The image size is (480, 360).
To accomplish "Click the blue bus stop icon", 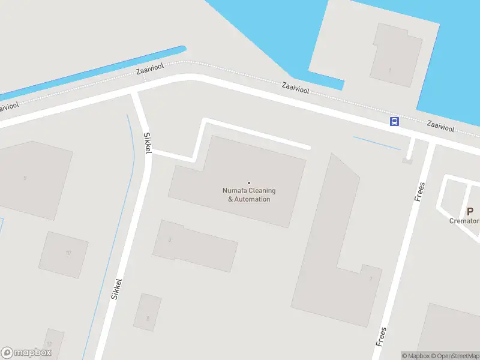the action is pos(394,122).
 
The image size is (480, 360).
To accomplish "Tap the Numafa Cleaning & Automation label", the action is pos(249,195).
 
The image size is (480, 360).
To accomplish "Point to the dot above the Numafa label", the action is pos(249,183).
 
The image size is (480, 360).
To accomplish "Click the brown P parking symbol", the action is pos(470,211).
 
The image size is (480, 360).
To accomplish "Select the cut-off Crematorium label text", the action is pos(465,221).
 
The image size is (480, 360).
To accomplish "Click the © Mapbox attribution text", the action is pos(416,356).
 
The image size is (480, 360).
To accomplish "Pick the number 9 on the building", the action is pos(25,178).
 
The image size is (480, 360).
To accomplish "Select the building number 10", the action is pos(68,253).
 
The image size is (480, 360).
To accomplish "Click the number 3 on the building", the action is pos(170,240).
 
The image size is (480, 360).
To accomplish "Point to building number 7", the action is pos(371,278).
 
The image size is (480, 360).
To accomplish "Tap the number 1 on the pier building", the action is pos(389,70).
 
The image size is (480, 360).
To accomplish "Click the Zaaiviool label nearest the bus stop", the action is pos(440,127).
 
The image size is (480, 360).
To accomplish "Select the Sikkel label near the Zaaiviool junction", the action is pos(147,143).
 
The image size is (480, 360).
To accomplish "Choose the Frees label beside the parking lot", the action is pos(420,191).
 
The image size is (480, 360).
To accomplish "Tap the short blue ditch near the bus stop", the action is pos(376,143).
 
